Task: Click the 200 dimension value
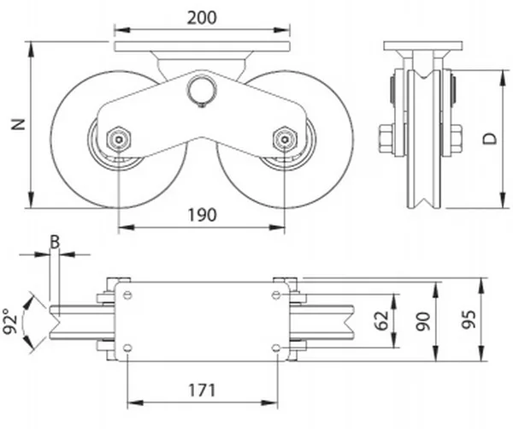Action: click(x=202, y=17)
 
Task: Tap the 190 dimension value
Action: click(x=202, y=214)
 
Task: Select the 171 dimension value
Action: click(x=202, y=390)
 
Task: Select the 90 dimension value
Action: click(x=421, y=321)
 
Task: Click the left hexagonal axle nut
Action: click(x=118, y=137)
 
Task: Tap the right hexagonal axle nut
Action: click(x=284, y=137)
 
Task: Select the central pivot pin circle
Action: click(x=202, y=88)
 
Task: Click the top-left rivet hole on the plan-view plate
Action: click(x=127, y=295)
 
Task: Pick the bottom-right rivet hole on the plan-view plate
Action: click(x=275, y=348)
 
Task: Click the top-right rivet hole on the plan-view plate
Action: click(x=275, y=295)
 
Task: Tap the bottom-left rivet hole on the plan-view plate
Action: click(x=127, y=348)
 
